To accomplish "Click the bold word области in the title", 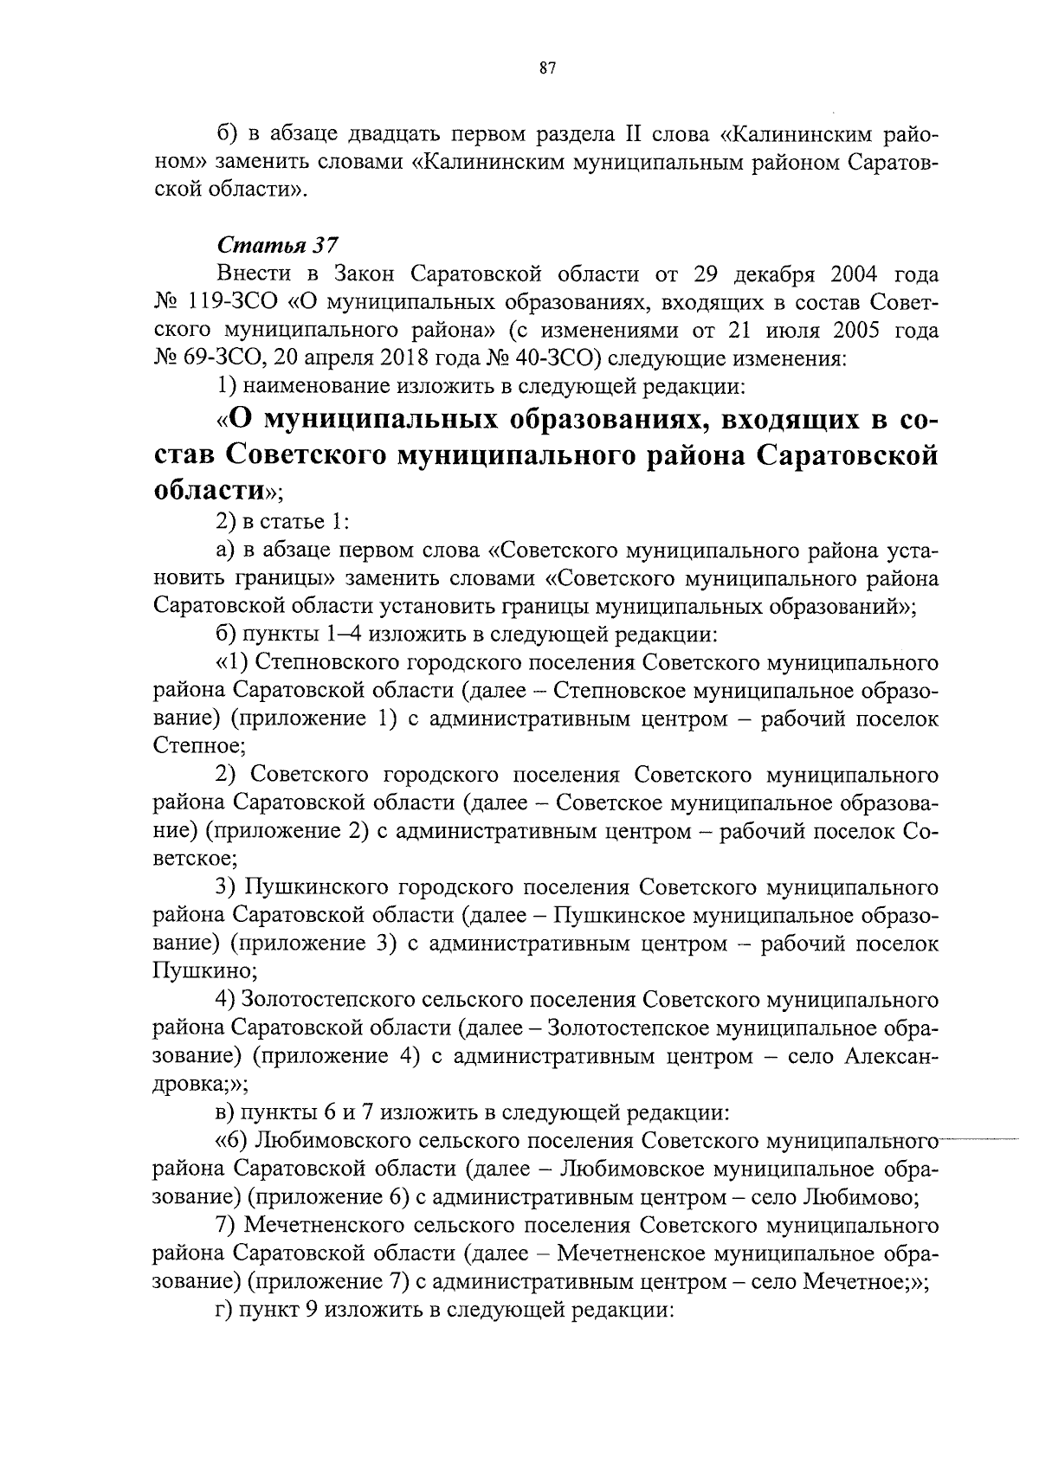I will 210,490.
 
